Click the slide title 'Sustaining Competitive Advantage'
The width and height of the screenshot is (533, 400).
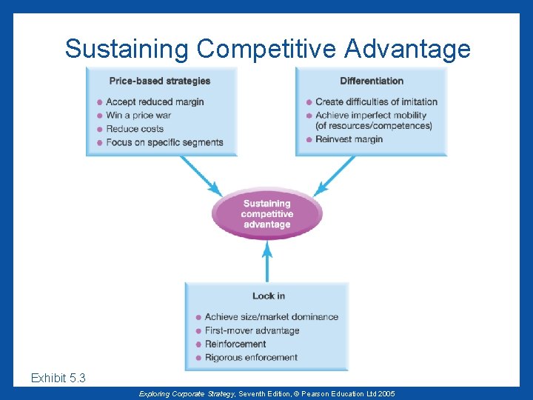click(267, 49)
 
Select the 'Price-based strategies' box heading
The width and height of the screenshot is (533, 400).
click(159, 81)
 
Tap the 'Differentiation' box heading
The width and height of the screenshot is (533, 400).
click(372, 81)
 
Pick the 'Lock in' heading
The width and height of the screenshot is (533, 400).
click(268, 296)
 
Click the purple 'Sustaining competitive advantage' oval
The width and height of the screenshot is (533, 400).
click(267, 214)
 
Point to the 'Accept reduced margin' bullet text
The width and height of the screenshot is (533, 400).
click(155, 101)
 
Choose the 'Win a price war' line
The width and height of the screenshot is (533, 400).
click(138, 115)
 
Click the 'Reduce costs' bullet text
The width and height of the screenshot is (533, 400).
click(135, 128)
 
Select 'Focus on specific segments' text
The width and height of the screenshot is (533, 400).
click(164, 141)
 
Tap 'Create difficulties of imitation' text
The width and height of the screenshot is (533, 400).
click(376, 101)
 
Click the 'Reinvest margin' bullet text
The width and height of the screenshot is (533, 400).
click(349, 139)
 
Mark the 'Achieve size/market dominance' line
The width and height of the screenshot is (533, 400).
click(271, 317)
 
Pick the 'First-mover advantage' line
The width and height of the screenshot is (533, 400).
click(252, 330)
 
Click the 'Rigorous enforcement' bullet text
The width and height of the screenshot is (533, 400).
click(251, 357)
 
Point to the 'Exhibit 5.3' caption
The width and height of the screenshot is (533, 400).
click(58, 379)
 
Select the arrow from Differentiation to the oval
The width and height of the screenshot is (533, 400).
click(335, 175)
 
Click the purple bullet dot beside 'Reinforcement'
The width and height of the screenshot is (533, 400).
click(198, 344)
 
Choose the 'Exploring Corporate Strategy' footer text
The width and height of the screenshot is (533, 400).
click(180, 393)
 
